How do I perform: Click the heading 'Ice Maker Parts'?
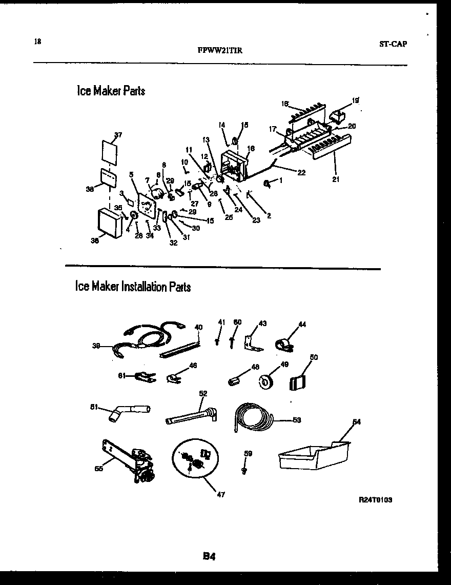(x=111, y=91)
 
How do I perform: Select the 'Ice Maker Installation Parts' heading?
(x=133, y=286)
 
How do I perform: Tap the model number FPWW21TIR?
(x=219, y=50)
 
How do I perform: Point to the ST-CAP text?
(x=393, y=44)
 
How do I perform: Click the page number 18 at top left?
(x=37, y=42)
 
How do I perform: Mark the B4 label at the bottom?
(x=208, y=556)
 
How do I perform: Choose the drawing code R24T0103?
(x=376, y=499)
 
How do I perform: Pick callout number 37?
(x=118, y=135)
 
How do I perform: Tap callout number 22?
(x=301, y=173)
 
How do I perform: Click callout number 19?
(x=355, y=101)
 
